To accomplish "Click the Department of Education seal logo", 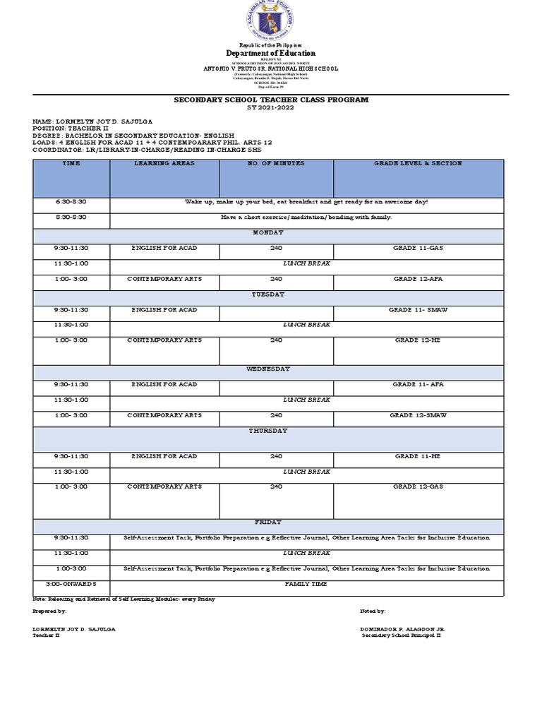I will point(270,21).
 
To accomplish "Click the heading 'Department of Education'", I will point(270,53).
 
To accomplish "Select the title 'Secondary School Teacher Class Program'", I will point(271,100).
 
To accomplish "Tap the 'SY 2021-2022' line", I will point(271,107).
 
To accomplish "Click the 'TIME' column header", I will point(71,164).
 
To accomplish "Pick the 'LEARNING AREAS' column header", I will point(164,164).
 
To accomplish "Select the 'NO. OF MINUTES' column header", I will point(276,164).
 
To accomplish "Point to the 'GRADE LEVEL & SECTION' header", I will point(418,164).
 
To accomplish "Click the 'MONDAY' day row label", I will point(268,232).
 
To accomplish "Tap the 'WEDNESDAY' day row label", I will point(268,369).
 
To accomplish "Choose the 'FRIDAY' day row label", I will point(268,522).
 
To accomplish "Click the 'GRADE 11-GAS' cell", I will point(418,249).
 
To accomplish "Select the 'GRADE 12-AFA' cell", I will point(418,279).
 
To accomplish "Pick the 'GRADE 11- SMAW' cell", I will point(418,310).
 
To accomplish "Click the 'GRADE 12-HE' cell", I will point(418,340).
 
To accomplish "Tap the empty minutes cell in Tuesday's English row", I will point(276,313).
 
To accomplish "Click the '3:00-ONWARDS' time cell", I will point(71,585).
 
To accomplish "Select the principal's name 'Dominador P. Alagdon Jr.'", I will point(402,628).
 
